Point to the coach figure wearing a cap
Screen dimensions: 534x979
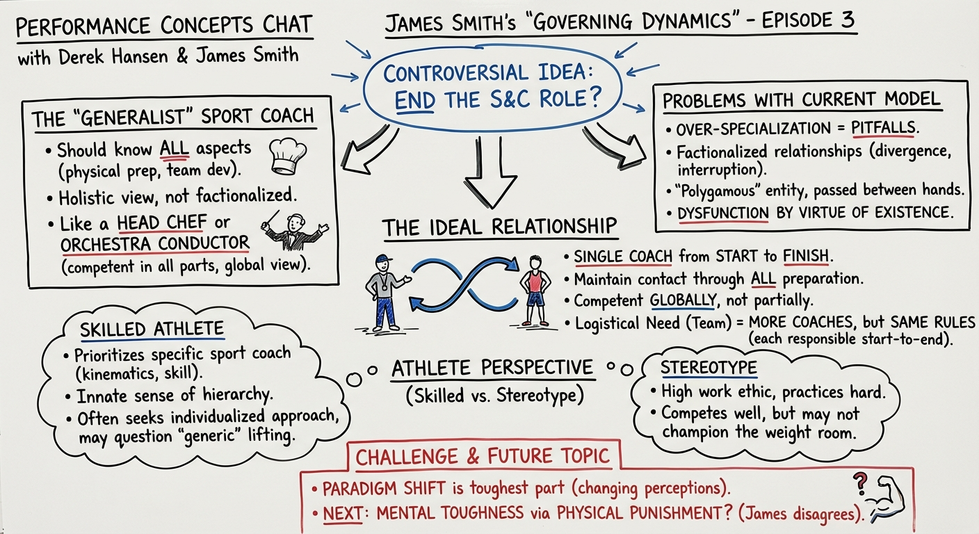(382, 292)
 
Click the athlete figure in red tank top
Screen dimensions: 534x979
(534, 291)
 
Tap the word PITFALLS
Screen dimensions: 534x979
(879, 129)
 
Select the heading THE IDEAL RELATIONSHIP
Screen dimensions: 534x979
(499, 227)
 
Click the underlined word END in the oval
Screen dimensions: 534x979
(415, 102)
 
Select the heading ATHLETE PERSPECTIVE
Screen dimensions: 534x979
(492, 368)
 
